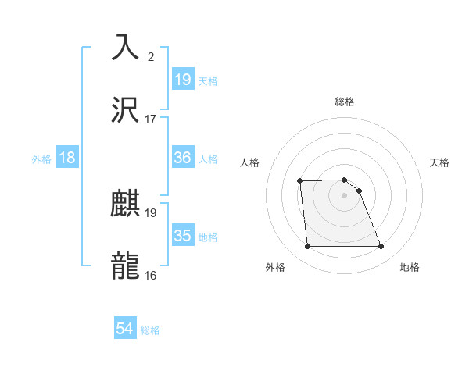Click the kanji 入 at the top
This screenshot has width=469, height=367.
[x=125, y=46]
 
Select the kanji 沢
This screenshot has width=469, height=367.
[x=125, y=110]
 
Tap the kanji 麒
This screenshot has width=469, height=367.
[x=125, y=204]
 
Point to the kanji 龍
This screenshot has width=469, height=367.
[x=125, y=266]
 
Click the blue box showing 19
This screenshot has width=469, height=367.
[x=183, y=79]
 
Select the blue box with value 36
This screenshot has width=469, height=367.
[x=183, y=158]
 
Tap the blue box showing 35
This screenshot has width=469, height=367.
[x=183, y=236]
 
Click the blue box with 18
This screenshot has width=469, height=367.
[x=67, y=158]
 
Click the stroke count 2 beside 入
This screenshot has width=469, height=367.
[x=150, y=56]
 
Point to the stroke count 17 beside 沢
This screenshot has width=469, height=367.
[x=151, y=119]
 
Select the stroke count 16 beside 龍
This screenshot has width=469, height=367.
[x=151, y=275]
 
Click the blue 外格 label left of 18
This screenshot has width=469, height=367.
[x=41, y=159]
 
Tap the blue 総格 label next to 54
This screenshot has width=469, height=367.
[x=150, y=330]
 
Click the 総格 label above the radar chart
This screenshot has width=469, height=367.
[x=344, y=102]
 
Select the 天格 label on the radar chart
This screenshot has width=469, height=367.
[x=440, y=162]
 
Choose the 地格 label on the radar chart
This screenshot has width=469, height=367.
[x=410, y=267]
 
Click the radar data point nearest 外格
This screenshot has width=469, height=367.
[x=307, y=247]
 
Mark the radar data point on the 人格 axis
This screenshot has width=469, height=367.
[x=300, y=181]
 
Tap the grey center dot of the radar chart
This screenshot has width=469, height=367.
[x=344, y=195]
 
